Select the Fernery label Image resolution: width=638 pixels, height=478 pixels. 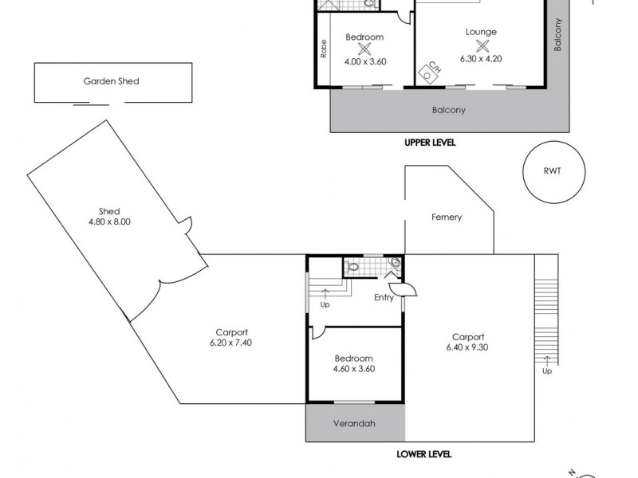[x=447, y=217]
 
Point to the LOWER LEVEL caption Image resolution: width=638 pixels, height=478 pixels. [x=424, y=454]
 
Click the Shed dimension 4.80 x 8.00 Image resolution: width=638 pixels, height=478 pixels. [x=108, y=222]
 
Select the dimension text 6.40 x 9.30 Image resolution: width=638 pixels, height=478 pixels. [x=468, y=347]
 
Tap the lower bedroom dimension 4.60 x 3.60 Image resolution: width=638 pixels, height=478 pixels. [x=354, y=369]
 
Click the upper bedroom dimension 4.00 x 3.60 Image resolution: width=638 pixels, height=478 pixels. [x=365, y=61]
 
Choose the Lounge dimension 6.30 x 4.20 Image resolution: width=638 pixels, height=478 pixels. [x=481, y=58]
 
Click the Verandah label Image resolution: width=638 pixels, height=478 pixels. [x=353, y=424]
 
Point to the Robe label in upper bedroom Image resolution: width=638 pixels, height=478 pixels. [x=324, y=49]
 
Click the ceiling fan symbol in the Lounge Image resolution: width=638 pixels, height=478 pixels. [x=481, y=45]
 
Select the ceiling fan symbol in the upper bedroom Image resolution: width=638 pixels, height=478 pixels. [x=365, y=49]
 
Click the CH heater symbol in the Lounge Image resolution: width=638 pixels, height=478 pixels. [x=433, y=70]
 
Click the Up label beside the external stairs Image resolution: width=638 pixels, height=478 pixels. [x=546, y=371]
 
